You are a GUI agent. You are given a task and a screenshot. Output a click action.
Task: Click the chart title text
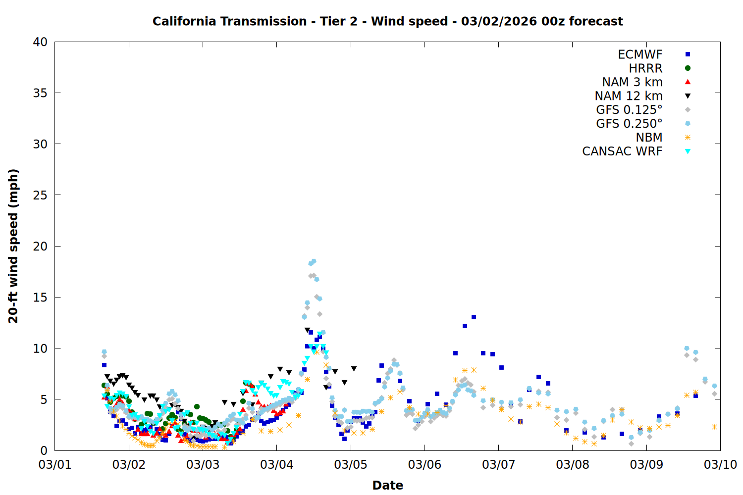tap(387, 21)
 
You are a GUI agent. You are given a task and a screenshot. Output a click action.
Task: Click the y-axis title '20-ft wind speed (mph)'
tap(13, 246)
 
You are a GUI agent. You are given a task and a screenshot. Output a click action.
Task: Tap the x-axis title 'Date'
tap(387, 485)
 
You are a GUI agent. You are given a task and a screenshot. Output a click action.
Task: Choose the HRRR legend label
tap(645, 68)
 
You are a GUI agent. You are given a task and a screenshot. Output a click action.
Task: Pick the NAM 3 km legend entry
tap(632, 82)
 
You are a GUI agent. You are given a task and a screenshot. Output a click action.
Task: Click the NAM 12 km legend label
tap(629, 96)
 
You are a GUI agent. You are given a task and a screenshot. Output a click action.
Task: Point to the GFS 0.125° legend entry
tap(629, 110)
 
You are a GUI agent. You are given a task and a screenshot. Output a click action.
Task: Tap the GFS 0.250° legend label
tap(629, 124)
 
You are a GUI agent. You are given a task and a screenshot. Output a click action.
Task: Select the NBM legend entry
tap(649, 138)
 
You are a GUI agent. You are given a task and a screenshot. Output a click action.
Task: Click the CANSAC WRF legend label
tap(622, 151)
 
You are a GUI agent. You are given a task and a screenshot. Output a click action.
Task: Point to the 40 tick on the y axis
tap(40, 42)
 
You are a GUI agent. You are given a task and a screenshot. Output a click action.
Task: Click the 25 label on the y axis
tap(40, 195)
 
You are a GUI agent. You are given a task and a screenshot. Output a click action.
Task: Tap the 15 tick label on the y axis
tap(40, 297)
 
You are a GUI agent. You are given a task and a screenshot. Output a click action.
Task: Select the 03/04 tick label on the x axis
tap(276, 465)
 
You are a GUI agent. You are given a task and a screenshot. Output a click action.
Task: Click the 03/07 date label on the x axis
tap(498, 465)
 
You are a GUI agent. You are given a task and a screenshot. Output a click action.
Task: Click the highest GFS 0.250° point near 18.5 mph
tap(313, 261)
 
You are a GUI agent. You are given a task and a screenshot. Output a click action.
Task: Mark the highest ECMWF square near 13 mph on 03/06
tap(474, 317)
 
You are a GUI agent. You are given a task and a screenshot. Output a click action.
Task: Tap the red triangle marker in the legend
tap(688, 82)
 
